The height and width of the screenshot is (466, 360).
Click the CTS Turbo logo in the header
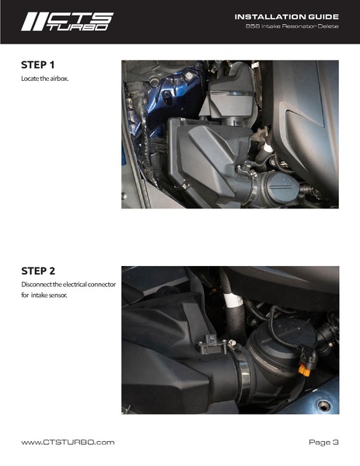pos(67,21)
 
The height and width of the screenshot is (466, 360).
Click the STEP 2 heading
pos(39,272)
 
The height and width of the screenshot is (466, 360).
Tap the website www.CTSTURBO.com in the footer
pos(68,442)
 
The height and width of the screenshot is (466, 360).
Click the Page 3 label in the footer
pos(323,442)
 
